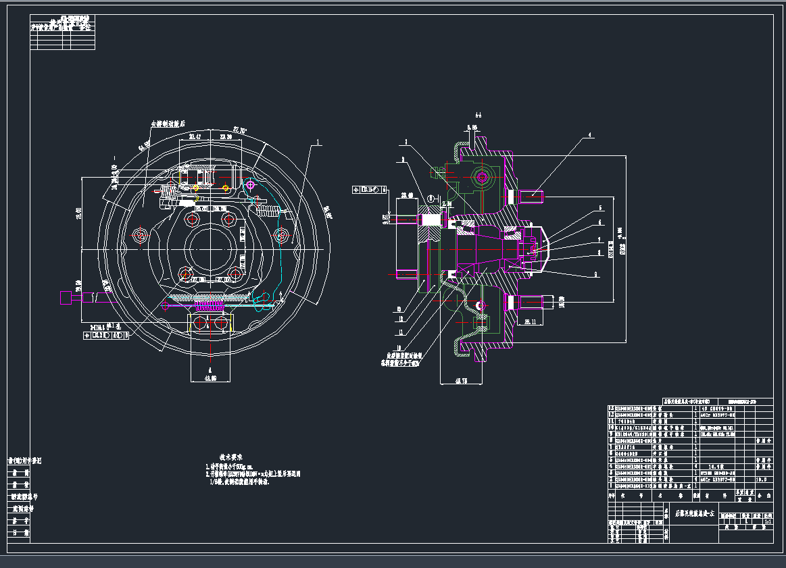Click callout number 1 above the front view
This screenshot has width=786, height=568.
click(x=317, y=143)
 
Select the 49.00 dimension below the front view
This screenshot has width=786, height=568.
click(x=210, y=378)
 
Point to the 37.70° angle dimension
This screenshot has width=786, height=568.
click(x=240, y=130)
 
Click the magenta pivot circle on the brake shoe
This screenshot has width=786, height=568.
click(x=250, y=184)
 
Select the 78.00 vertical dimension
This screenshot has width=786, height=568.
click(x=78, y=213)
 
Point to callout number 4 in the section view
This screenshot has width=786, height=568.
click(x=589, y=135)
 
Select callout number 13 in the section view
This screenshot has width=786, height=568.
click(x=401, y=310)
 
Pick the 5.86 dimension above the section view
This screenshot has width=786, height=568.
click(x=472, y=126)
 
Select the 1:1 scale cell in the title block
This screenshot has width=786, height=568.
click(x=767, y=521)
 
